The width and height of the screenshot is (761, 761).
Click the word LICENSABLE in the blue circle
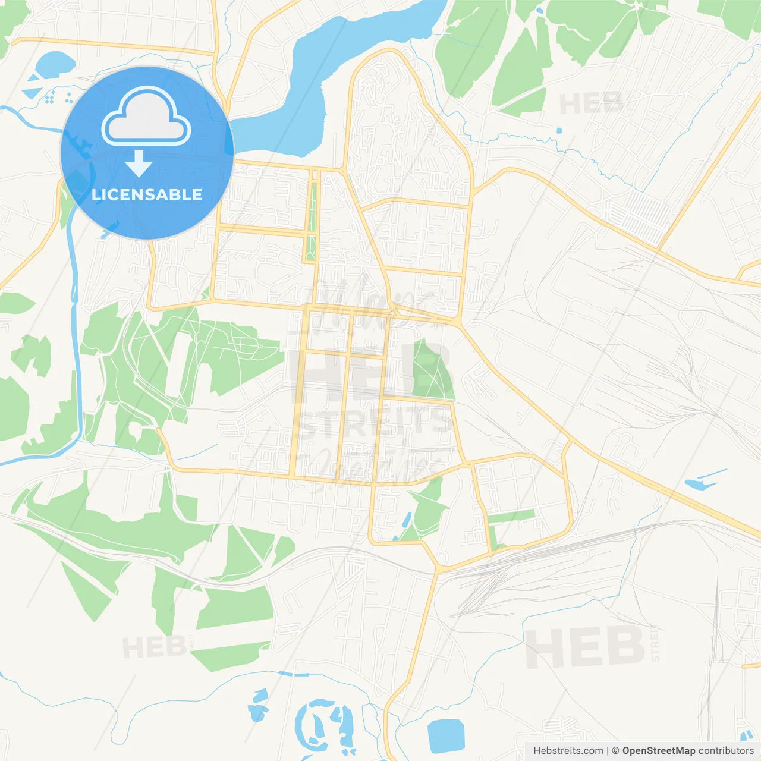click(x=147, y=194)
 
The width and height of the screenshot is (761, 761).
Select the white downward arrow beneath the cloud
click(x=139, y=163)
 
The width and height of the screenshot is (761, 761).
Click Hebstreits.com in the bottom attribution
click(x=568, y=751)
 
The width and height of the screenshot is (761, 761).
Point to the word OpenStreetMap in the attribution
click(x=658, y=751)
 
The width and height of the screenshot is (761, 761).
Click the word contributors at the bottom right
click(x=725, y=751)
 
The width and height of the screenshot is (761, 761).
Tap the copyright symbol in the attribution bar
click(x=615, y=751)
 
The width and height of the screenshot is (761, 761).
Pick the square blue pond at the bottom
click(x=445, y=735)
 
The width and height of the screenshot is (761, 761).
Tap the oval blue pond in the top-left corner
click(x=55, y=63)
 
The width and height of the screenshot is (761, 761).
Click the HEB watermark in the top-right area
click(x=592, y=104)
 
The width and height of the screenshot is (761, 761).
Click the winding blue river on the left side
click(x=75, y=309)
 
